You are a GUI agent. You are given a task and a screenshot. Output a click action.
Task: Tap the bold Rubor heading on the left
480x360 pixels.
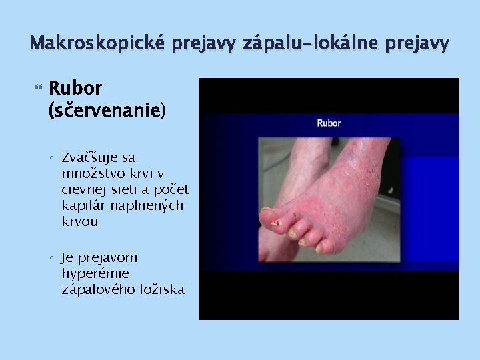(75, 88)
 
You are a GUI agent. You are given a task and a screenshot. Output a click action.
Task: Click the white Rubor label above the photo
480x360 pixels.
(328, 123)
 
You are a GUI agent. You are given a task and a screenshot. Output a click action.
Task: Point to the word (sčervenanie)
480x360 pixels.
(107, 109)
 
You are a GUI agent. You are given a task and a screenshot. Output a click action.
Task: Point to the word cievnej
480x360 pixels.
(84, 190)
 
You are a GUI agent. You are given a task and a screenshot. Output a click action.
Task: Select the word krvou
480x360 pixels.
(79, 222)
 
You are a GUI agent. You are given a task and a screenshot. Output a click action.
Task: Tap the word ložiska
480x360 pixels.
(161, 289)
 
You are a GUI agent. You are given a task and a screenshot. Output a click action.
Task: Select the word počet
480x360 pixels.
(172, 190)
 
